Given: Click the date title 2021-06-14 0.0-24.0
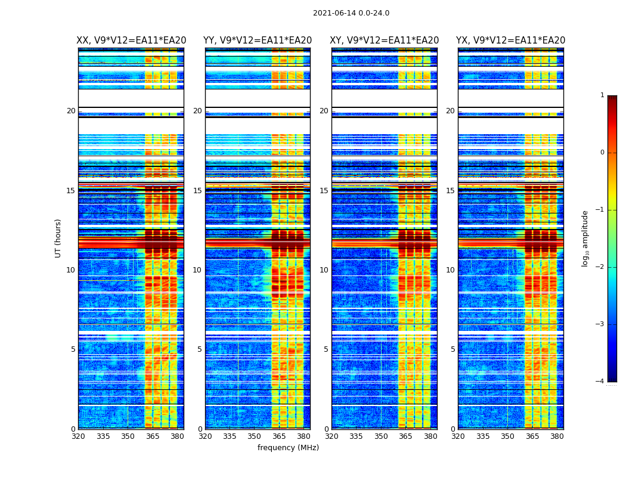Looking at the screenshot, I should click(351, 13).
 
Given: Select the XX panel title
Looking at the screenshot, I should click(131, 41).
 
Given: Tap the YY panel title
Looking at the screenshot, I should click(258, 41).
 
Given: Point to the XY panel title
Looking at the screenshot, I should click(385, 41).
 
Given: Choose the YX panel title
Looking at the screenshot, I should click(511, 41).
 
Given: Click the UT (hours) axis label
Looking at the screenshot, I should click(58, 238).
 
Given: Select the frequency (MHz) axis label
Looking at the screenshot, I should click(288, 448).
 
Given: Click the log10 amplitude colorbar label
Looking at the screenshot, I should click(585, 238).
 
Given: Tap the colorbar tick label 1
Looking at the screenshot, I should click(602, 95).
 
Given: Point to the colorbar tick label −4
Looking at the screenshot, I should click(600, 382).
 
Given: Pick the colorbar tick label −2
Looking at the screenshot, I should click(600, 267).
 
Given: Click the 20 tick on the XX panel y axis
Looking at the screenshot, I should click(71, 111).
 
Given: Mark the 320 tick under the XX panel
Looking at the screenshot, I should click(78, 436).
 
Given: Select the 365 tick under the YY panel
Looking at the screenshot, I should click(279, 436).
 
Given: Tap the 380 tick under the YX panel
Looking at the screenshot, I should click(557, 436).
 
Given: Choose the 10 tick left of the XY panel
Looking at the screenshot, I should click(324, 270).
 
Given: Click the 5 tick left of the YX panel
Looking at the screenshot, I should click(453, 349).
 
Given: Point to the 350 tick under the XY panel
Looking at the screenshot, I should click(381, 436).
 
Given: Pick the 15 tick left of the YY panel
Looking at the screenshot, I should click(197, 191).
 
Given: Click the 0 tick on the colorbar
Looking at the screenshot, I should click(602, 153).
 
